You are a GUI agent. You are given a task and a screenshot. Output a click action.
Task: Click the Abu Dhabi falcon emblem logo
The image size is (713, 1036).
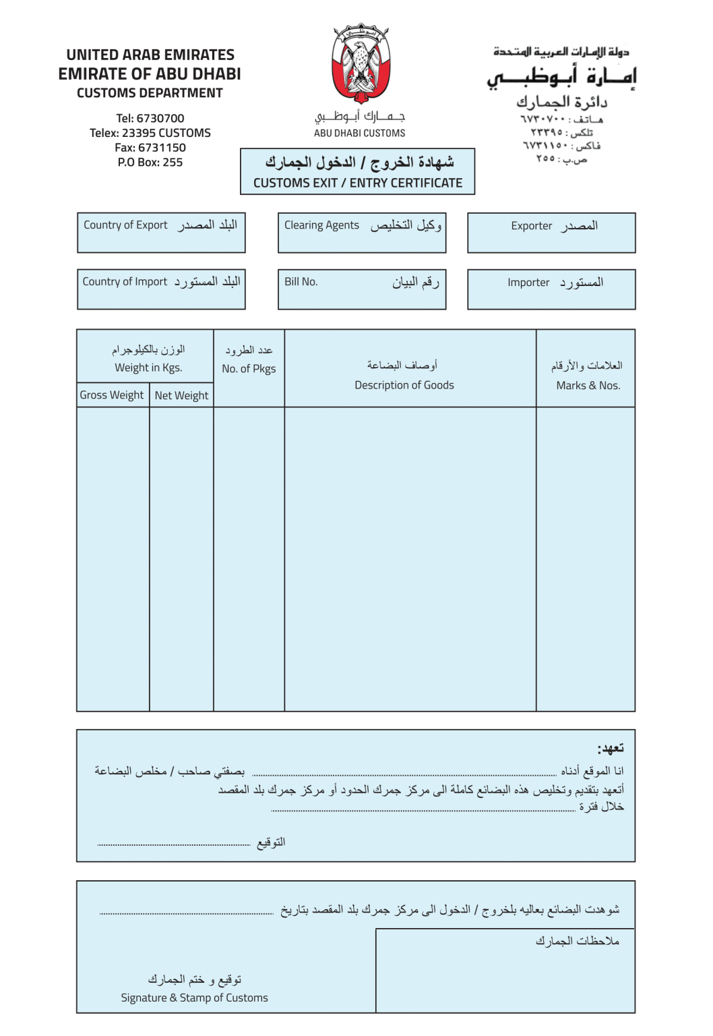[361, 63]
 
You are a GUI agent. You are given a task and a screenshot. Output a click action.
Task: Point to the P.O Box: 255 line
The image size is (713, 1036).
[150, 162]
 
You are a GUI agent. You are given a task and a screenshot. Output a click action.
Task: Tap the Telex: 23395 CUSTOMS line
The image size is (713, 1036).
[150, 133]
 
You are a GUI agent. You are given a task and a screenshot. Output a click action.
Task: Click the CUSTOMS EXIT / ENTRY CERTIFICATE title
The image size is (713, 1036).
[357, 183]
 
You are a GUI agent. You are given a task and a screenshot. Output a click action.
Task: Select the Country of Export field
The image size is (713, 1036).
[161, 233]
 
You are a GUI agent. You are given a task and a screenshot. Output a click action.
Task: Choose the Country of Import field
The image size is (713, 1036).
[161, 289]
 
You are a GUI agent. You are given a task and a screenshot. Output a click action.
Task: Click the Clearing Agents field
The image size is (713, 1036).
[362, 233]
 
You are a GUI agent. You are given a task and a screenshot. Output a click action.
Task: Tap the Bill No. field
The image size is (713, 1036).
[362, 289]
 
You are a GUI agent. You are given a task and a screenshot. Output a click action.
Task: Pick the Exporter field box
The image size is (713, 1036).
[551, 233]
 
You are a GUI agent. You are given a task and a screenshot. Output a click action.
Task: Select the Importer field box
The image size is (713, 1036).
[551, 289]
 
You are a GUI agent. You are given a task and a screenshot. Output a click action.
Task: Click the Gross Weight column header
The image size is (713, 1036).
[112, 395]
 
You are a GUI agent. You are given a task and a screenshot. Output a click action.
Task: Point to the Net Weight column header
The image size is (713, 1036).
[181, 395]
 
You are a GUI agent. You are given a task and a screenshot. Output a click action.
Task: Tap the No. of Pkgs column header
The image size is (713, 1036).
[249, 368]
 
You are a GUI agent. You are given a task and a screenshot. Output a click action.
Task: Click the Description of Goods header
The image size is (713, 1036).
[404, 384]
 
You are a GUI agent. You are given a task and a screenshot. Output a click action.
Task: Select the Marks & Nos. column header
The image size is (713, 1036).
[588, 385]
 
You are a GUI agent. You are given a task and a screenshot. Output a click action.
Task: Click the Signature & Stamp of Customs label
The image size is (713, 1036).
[194, 998]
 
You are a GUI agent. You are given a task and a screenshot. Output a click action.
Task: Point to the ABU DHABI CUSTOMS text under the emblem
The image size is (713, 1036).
[359, 133]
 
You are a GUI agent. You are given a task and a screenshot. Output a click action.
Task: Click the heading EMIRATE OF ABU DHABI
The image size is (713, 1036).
[150, 74]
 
